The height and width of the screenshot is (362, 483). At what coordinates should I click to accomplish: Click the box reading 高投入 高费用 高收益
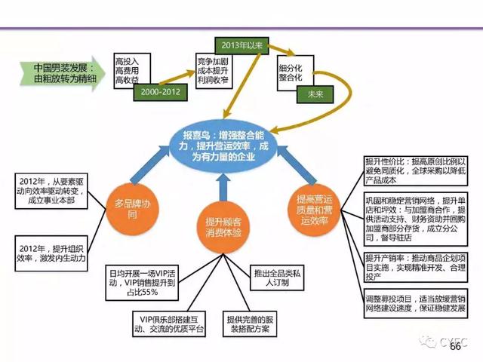pyautogui.click(x=130, y=69)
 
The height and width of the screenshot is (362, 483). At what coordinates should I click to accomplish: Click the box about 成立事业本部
pyautogui.click(x=48, y=192)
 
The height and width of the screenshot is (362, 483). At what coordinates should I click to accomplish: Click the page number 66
pyautogui.click(x=455, y=348)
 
